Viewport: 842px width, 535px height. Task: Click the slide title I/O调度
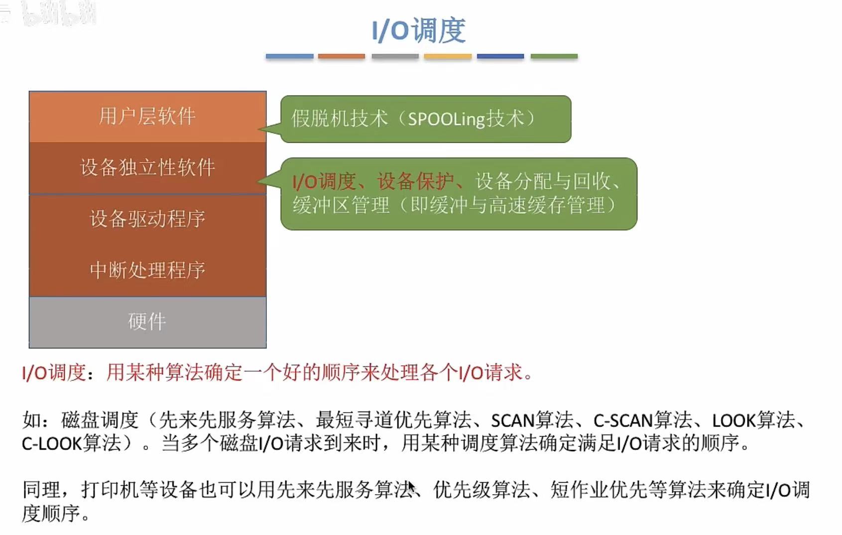419,30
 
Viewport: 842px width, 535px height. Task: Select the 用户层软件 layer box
147,116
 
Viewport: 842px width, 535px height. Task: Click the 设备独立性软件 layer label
147,167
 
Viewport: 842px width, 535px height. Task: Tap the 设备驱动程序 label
147,219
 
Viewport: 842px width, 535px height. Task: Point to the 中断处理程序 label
147,270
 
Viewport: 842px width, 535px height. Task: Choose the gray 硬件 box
147,322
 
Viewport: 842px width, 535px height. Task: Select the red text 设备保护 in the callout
415,182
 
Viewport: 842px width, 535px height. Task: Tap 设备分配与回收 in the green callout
543,182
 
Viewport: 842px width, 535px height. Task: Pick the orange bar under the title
342,56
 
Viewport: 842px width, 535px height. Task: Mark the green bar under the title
554,56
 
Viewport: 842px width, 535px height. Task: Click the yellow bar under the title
448,56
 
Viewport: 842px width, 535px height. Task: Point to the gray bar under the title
395,56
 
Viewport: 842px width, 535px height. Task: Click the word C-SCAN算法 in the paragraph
642,421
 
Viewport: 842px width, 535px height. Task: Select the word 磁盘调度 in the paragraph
100,421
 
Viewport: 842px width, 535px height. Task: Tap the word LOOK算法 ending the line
753,421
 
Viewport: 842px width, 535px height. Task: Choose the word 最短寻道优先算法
393,421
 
